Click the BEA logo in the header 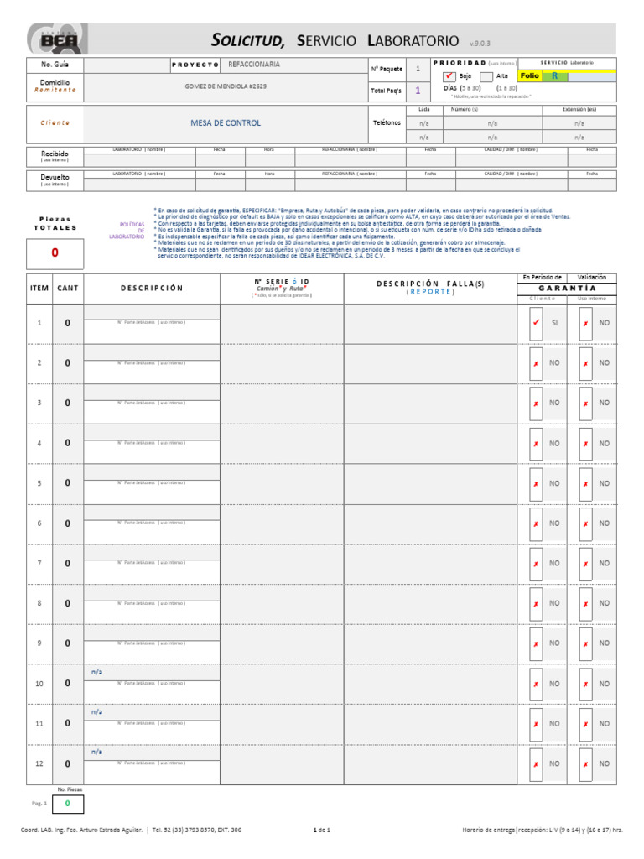pyautogui.click(x=55, y=39)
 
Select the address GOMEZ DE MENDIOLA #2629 pyautogui.click(x=226, y=86)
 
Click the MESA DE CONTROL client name pyautogui.click(x=226, y=122)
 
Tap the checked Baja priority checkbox pyautogui.click(x=449, y=76)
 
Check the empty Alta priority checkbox pyautogui.click(x=486, y=76)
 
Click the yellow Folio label pyautogui.click(x=529, y=75)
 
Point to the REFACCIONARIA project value pyautogui.click(x=260, y=64)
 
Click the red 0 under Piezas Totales pyautogui.click(x=55, y=252)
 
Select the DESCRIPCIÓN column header pyautogui.click(x=152, y=288)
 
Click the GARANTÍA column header pyautogui.click(x=567, y=288)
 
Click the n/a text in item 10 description pyautogui.click(x=96, y=673)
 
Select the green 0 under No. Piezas pyautogui.click(x=68, y=804)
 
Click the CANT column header pyautogui.click(x=68, y=288)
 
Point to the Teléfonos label pyautogui.click(x=387, y=122)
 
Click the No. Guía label pyautogui.click(x=55, y=64)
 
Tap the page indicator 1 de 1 pyautogui.click(x=322, y=830)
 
